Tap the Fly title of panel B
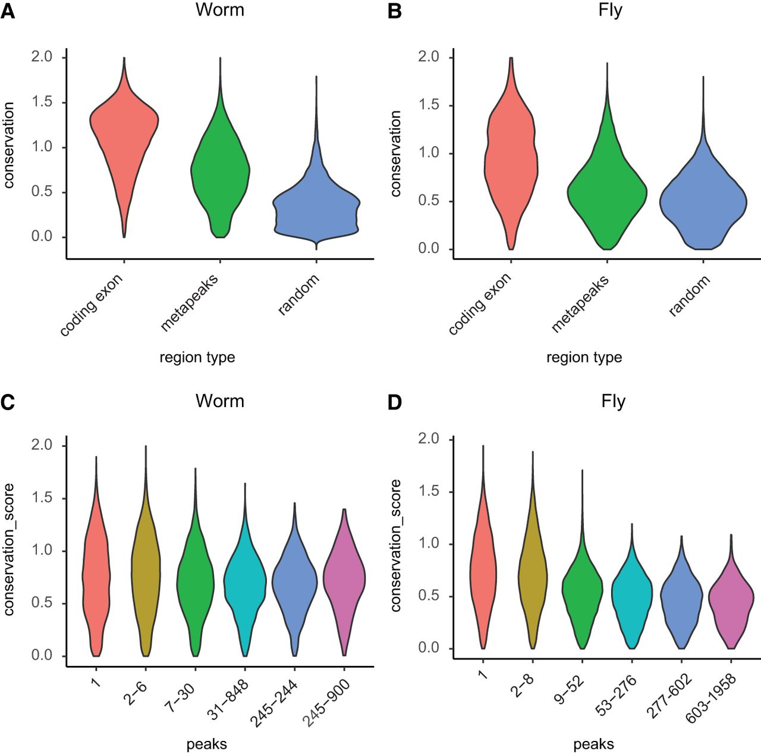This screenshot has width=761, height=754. coord(610,11)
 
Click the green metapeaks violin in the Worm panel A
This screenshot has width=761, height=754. coord(220,173)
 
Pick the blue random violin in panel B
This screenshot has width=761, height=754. coord(703,202)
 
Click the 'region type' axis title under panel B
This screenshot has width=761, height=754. coord(584,358)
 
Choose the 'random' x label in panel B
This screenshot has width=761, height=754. coord(690,295)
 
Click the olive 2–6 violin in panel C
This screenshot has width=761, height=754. coord(146,571)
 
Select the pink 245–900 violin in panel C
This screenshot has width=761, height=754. coord(344,577)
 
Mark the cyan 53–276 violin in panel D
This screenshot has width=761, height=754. coord(631,595)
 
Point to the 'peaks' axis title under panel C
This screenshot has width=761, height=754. coord(206,744)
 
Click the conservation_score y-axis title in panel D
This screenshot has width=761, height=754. coord(396,545)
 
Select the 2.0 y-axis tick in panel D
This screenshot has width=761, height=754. coord(428,439)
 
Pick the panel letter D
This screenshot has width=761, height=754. coord(395,403)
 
